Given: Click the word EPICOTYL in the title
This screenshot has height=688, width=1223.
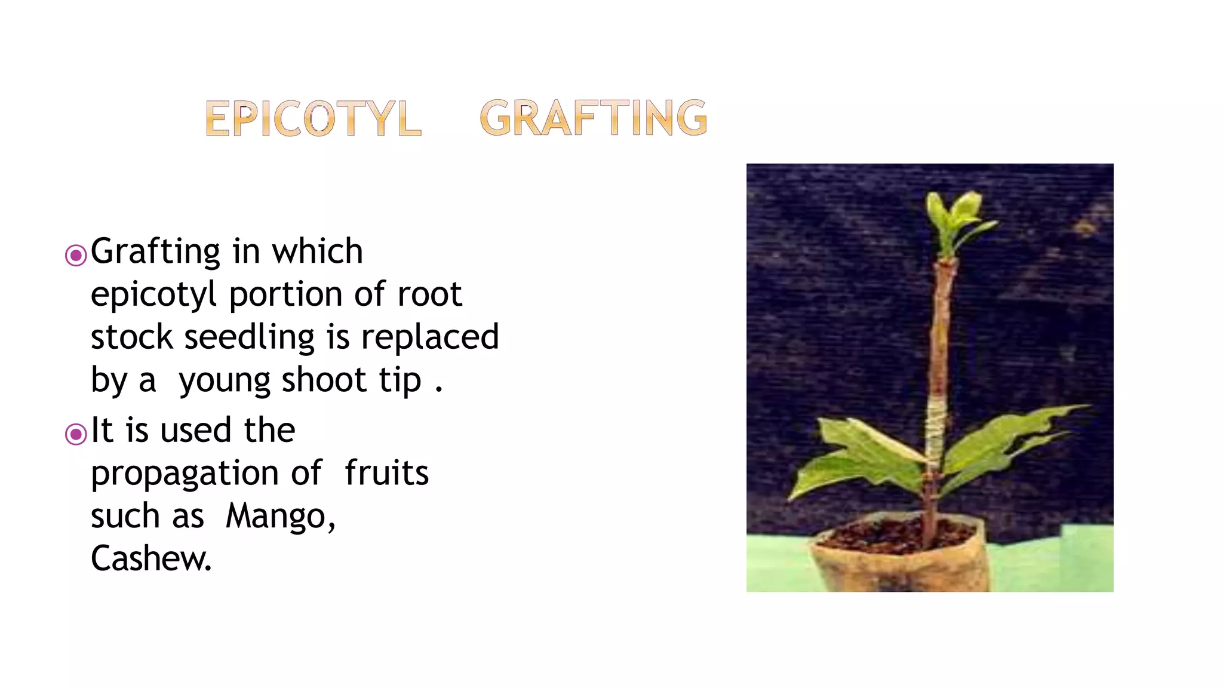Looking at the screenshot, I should [313, 118].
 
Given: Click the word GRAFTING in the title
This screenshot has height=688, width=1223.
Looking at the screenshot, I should [593, 118].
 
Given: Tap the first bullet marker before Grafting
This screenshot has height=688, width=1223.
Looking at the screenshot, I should [76, 256].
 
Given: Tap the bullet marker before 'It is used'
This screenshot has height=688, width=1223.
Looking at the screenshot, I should [76, 434].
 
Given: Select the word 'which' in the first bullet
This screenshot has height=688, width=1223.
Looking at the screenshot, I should [317, 251].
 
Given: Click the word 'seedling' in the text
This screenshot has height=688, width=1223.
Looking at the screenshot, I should [249, 337].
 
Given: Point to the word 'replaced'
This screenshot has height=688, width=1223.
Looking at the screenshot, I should [430, 337].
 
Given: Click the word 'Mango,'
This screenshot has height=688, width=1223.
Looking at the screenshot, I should [281, 517].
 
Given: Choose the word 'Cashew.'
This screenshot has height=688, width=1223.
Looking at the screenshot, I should [151, 559].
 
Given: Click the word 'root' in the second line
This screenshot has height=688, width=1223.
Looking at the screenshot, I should [429, 294].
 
